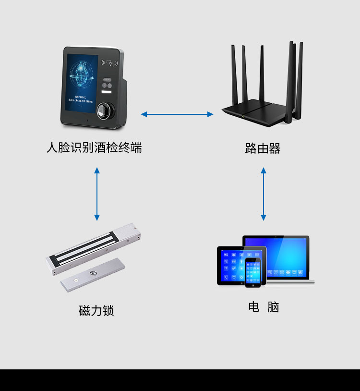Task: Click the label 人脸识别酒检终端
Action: [x=94, y=147]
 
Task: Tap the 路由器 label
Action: [x=263, y=148]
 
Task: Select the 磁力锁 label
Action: [x=96, y=311]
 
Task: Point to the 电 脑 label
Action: [x=264, y=307]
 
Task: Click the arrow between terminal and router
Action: [x=177, y=114]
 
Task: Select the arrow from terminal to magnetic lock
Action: [x=97, y=194]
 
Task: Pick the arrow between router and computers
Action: [x=263, y=194]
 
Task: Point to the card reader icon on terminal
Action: [x=110, y=62]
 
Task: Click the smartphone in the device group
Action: [x=252, y=272]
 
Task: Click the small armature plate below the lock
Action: [x=94, y=275]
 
